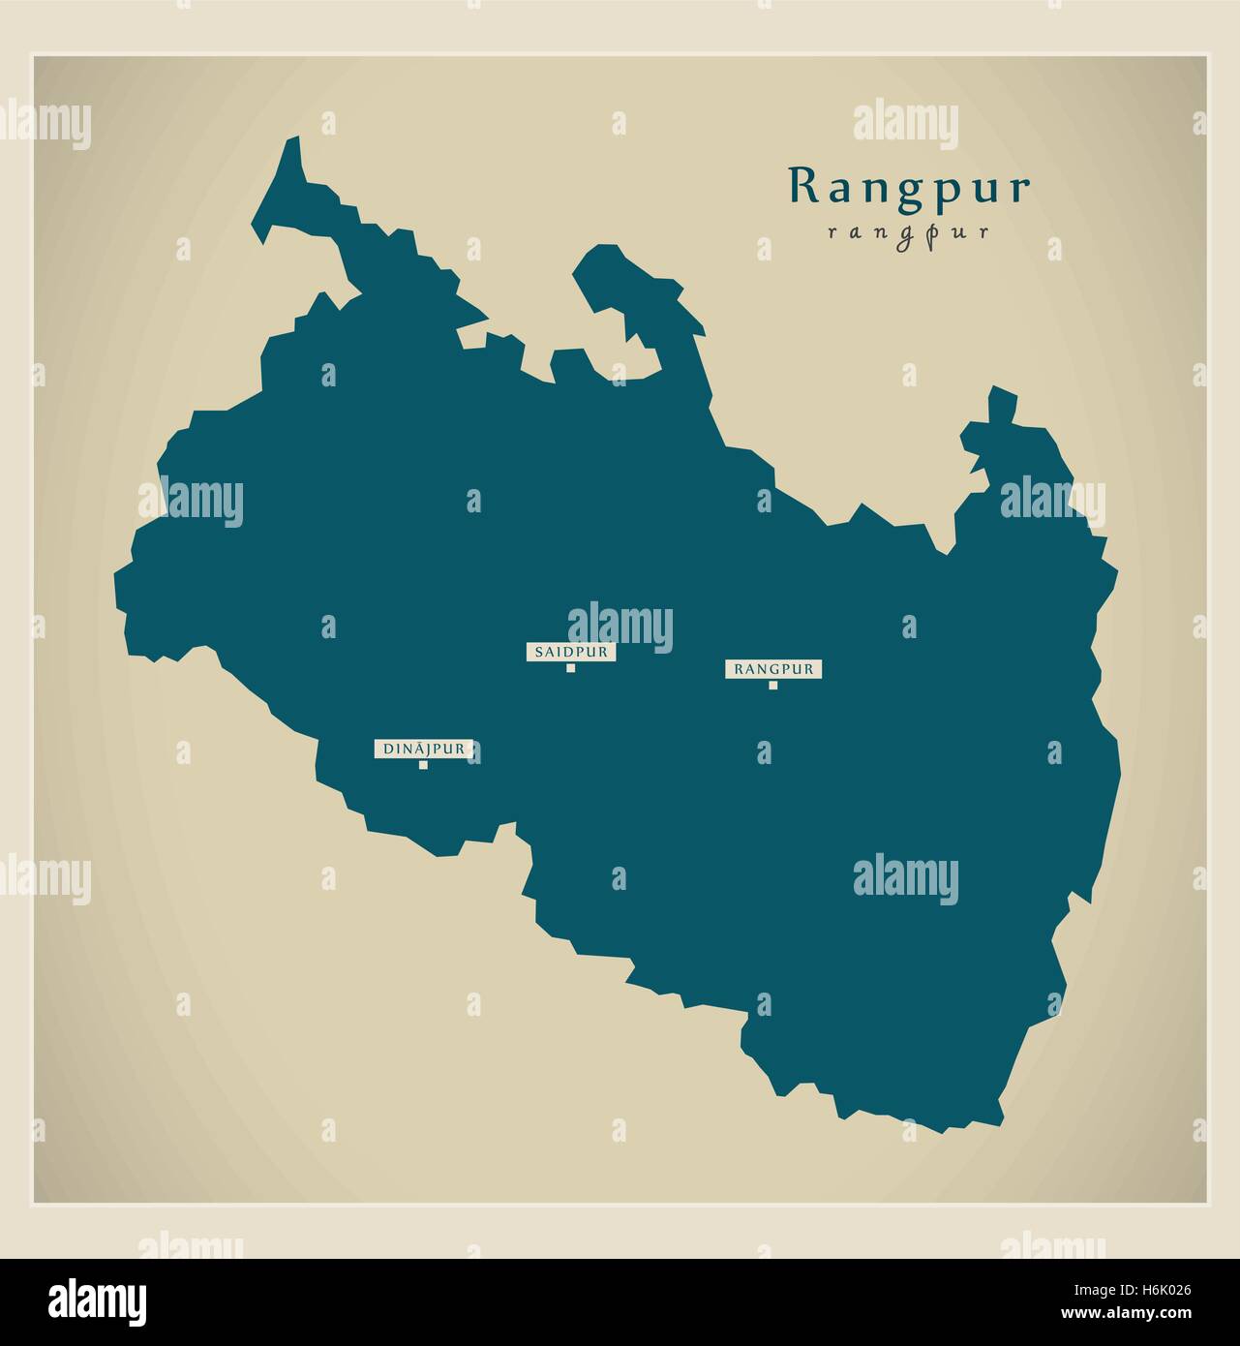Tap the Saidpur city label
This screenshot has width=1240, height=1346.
click(x=571, y=652)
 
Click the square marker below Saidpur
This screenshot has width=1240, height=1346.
click(x=571, y=667)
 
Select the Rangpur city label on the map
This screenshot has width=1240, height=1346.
click(x=773, y=668)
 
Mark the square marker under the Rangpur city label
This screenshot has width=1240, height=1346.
click(x=773, y=685)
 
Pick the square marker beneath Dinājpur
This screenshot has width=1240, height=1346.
click(x=423, y=765)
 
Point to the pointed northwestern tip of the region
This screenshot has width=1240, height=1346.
click(x=292, y=144)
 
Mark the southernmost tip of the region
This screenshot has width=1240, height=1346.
click(x=944, y=1129)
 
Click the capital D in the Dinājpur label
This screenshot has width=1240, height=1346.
click(x=389, y=749)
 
